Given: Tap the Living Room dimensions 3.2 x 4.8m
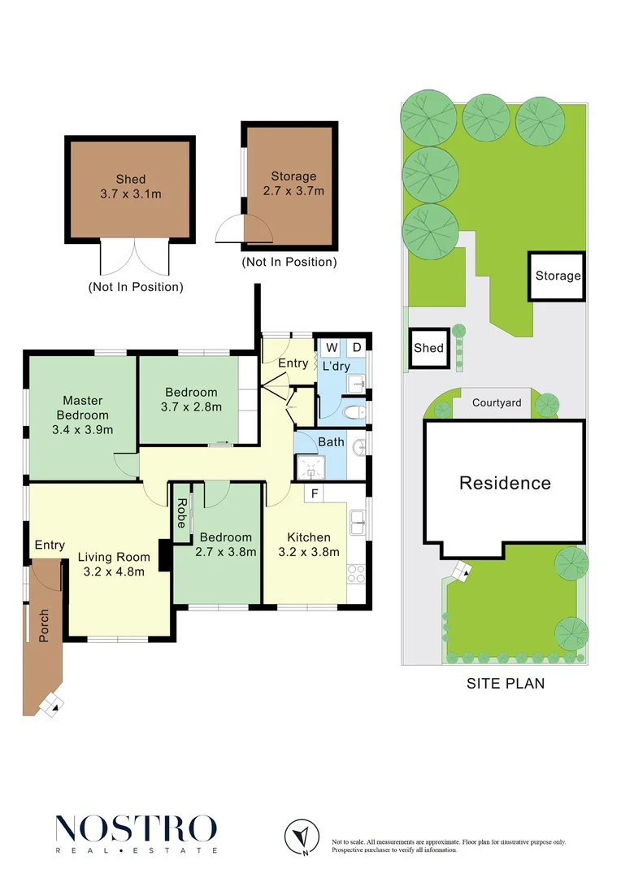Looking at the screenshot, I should tap(114, 572).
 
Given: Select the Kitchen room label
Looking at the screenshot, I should tap(309, 537).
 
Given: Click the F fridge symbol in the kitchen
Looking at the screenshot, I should tap(314, 493).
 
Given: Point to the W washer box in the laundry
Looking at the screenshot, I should tap(332, 348).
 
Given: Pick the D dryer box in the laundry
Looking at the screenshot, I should tap(356, 348).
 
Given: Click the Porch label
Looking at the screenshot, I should tap(45, 625).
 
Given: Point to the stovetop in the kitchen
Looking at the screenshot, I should tap(356, 574).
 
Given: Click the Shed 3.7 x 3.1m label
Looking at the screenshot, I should tap(130, 186).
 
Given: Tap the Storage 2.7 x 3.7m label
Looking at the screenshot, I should tap(293, 184).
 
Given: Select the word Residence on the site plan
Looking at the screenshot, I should tap(505, 483).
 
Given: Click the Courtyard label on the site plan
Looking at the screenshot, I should tap(497, 402).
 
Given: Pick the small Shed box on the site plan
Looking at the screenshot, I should tap(428, 348).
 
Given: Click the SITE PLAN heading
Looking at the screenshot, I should tap(506, 684).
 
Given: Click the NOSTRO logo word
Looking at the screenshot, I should tap(136, 828).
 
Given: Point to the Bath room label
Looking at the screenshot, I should tap(331, 442).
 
